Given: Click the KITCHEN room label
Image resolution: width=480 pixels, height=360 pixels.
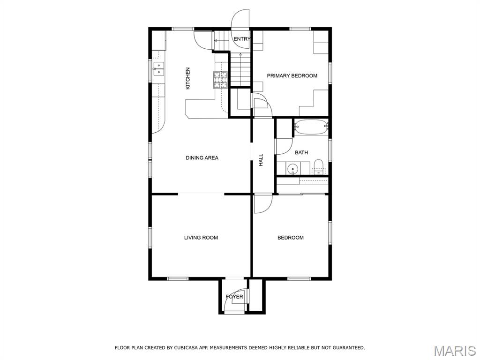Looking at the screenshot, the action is point(188,79).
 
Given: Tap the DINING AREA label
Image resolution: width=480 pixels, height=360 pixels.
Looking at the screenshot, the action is point(202,158).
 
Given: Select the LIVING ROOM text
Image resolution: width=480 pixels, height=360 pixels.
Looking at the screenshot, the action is point(201,238).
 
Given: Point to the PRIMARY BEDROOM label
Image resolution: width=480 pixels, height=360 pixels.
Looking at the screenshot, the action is point(292,75).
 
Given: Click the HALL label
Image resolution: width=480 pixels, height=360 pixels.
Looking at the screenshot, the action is point(261,160).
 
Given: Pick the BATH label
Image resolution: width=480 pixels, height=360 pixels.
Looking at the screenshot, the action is point(301,152).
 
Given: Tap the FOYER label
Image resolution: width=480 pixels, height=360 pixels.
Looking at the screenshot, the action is point(234,297).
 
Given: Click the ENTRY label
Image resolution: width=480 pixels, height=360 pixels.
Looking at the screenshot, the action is point(242,39).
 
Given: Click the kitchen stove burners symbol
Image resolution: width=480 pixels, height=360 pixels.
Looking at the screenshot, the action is point(221,80).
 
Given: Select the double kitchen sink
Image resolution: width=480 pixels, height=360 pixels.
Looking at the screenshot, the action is point(159,69).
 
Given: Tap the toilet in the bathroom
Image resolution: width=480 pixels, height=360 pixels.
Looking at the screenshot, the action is point(318,167).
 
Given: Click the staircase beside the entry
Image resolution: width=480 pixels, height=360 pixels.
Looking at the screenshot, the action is point(240,69).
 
